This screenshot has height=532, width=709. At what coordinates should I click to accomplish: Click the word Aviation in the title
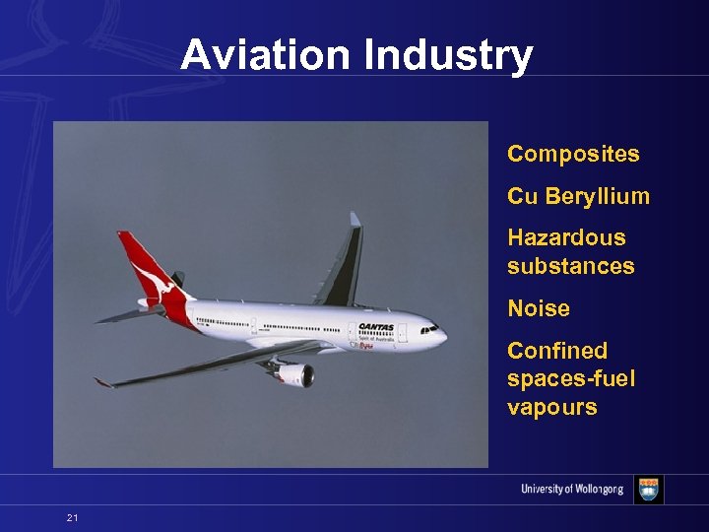tap(267, 55)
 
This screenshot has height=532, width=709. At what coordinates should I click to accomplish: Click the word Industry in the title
tap(448, 55)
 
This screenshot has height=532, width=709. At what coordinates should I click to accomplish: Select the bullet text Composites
tap(573, 154)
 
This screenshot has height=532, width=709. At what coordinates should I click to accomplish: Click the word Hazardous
tap(566, 237)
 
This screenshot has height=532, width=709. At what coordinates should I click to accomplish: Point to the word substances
tap(570, 266)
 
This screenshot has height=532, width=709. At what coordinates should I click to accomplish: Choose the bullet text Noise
tap(539, 308)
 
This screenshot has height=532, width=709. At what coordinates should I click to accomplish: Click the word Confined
tap(557, 351)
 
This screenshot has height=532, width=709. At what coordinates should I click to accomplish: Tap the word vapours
tap(551, 408)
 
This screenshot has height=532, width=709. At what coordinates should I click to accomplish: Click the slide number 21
tap(72, 518)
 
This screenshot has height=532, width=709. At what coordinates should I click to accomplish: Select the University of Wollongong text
tap(572, 490)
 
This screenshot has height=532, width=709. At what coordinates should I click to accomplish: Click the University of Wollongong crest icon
tap(648, 490)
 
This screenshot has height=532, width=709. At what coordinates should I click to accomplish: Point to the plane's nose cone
tap(442, 336)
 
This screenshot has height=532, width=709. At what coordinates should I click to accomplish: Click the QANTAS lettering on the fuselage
tap(375, 327)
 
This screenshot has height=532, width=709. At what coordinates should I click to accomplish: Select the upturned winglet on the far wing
tap(354, 222)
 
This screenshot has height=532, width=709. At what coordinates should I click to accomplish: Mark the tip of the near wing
tap(99, 382)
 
